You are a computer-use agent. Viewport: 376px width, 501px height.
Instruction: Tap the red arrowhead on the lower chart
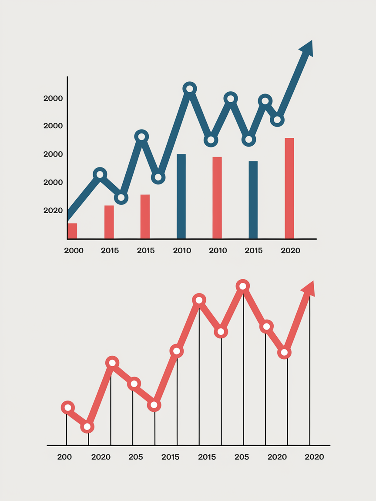pos(309,289)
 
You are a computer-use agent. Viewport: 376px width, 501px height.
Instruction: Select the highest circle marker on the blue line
pos(189,89)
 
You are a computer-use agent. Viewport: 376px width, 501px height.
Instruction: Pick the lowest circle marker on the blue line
pos(121,198)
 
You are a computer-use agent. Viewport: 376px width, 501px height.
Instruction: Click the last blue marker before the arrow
pos(277,120)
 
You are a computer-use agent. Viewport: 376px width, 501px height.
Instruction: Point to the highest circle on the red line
pos(243,286)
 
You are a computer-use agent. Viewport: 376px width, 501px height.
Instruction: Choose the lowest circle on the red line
pos(87,427)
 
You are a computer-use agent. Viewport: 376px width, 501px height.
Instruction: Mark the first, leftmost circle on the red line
pos(67,407)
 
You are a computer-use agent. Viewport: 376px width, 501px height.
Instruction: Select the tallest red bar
pos(289,188)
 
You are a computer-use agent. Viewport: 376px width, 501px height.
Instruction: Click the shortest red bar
pos(72,231)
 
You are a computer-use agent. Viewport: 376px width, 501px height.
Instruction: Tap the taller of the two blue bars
pos(181,196)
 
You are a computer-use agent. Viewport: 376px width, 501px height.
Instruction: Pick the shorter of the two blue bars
pos(253,200)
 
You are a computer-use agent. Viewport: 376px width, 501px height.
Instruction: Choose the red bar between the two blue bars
pos(217,197)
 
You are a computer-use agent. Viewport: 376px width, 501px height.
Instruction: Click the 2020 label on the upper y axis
pos(53,210)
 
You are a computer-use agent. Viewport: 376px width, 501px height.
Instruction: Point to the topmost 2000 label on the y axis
pos(53,98)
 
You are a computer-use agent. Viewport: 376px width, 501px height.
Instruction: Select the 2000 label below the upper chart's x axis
pos(74,250)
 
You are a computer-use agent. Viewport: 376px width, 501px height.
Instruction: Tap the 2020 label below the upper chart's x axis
pos(290,250)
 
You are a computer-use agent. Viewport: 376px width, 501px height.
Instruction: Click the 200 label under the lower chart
pos(64,457)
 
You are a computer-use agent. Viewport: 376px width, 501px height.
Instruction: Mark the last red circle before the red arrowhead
pos(284,352)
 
